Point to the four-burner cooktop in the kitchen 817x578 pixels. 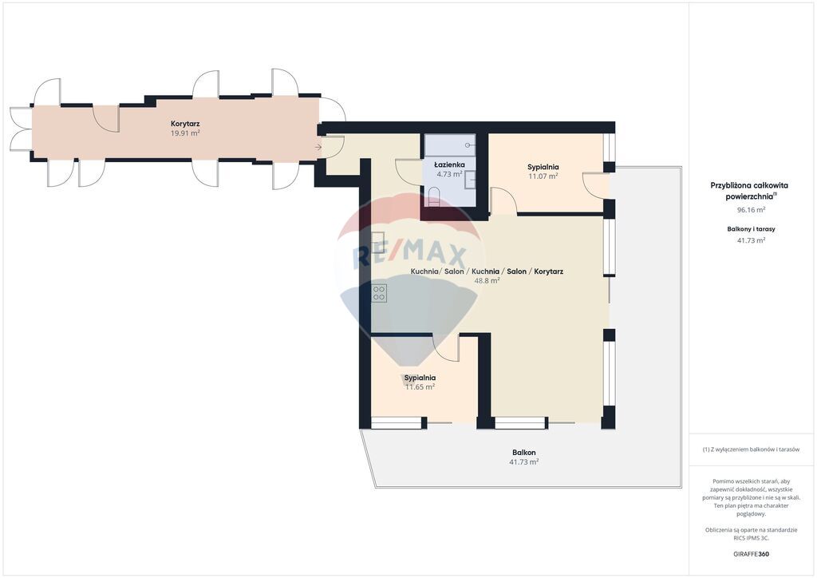(379, 293)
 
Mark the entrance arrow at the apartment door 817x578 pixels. (319, 147)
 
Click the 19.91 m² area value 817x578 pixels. (184, 133)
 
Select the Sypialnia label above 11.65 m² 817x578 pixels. (420, 378)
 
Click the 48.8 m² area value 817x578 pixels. (486, 281)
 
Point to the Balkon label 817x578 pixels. (523, 453)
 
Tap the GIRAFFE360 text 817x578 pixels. (751, 553)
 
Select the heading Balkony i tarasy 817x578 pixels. (751, 229)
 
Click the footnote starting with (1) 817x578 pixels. (751, 449)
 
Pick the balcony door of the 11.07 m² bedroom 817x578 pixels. (594, 184)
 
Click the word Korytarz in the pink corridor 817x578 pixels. (184, 124)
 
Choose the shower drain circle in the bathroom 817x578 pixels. (468, 146)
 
